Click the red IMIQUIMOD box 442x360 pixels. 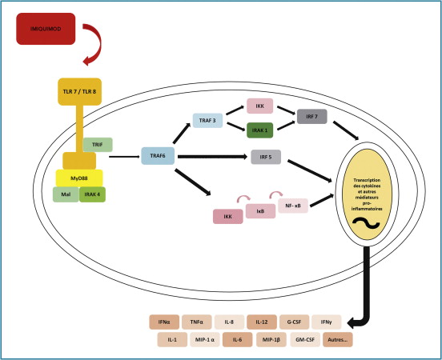point(46,29)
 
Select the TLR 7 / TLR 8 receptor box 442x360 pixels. point(80,91)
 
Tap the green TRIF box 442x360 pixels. point(98,145)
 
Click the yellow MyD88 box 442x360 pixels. point(79,178)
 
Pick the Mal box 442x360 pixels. point(66,194)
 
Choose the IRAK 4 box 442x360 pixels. point(92,194)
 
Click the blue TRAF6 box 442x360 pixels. point(158,156)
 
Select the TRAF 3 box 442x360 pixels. point(207,121)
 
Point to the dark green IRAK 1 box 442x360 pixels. point(259,130)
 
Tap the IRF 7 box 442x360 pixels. point(312,116)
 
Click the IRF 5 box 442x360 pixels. point(266,157)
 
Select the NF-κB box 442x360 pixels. point(293,206)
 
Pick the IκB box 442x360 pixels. point(260,211)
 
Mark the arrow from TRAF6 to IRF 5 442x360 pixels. point(212,157)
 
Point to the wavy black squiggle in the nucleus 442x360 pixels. point(366,224)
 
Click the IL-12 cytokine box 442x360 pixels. point(262,322)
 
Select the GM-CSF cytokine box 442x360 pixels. point(305,340)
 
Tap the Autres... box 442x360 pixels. point(338,340)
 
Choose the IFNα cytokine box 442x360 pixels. point(164,322)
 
